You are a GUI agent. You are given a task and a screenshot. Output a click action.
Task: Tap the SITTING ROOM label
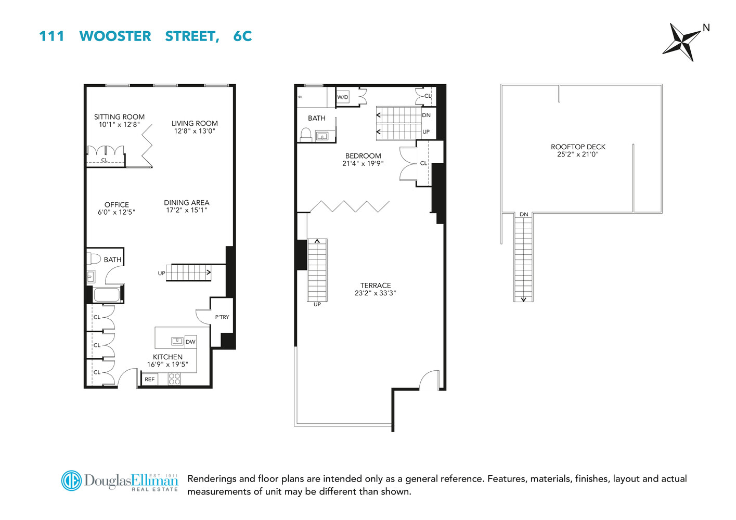119,117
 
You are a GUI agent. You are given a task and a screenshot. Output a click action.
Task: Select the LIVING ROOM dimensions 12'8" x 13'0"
195,131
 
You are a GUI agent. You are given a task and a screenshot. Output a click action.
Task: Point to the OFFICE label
117,204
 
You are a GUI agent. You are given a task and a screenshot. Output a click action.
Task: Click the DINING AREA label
186,203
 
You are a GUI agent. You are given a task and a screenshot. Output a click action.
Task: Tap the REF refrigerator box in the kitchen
150,380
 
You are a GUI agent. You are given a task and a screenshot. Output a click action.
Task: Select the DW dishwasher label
190,342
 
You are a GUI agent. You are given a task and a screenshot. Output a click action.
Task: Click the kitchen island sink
177,341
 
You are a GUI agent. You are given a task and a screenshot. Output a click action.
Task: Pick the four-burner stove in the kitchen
174,379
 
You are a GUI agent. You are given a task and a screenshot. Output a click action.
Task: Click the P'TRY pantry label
222,317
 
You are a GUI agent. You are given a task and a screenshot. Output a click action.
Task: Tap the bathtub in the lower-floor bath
107,295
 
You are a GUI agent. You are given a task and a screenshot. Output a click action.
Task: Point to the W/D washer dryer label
343,97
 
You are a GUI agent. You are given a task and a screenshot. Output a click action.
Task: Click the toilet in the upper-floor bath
306,135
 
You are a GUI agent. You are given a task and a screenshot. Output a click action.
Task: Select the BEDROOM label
363,156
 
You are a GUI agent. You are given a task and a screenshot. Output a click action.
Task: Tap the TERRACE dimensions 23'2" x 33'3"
375,293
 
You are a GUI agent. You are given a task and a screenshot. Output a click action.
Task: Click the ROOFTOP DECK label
578,147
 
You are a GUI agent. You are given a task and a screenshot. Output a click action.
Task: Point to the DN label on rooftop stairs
524,214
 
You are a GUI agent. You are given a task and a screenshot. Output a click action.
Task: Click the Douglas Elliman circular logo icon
71,480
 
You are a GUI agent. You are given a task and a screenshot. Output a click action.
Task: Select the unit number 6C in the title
242,36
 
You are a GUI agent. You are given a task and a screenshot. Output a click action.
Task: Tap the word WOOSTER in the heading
115,36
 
